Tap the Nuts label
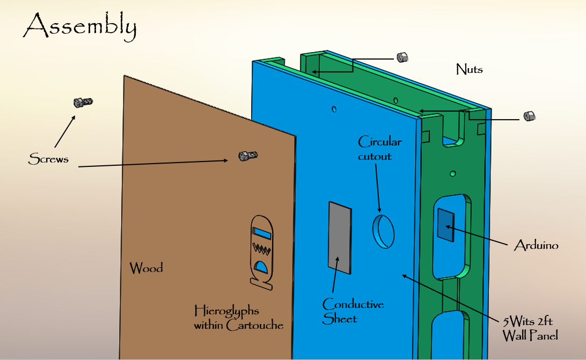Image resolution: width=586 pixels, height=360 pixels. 469,69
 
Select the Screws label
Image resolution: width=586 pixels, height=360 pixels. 48,159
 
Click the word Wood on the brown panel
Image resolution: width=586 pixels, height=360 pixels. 146,268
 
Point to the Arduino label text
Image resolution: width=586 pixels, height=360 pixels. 536,246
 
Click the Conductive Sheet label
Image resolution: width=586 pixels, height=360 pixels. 353,311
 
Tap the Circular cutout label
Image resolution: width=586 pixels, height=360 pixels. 379,149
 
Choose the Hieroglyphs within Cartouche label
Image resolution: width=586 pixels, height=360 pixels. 238,318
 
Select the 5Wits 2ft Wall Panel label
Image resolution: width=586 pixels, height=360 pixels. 530,328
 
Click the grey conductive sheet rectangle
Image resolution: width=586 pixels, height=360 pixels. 340,237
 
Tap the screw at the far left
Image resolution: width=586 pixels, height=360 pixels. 83,102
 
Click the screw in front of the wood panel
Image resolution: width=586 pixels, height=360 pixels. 247,156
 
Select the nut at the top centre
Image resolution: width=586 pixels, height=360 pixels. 402,57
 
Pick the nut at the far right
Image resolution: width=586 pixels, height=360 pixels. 529,116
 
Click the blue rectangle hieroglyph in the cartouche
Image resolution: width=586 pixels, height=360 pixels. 262,233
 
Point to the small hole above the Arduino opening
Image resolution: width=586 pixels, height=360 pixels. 453,174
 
